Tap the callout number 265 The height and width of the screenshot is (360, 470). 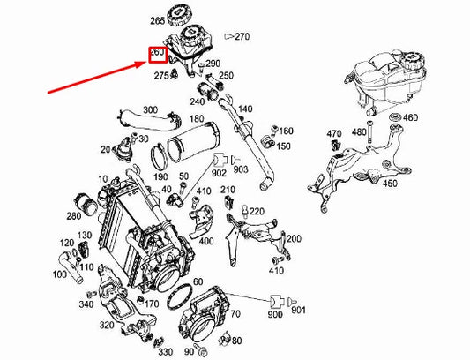[x=158, y=19]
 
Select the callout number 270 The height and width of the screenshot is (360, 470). [x=243, y=37]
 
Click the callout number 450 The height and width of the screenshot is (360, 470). [x=389, y=184]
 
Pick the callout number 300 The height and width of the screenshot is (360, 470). [x=150, y=110]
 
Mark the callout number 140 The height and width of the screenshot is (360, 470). [x=245, y=109]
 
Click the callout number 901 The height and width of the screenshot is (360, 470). [x=297, y=310]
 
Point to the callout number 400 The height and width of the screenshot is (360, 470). [x=206, y=240]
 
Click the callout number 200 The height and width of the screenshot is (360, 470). [x=294, y=238]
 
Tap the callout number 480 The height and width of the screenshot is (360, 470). [x=359, y=132]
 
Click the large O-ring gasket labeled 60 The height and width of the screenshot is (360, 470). [x=183, y=293]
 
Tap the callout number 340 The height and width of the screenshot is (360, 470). [x=86, y=304]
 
